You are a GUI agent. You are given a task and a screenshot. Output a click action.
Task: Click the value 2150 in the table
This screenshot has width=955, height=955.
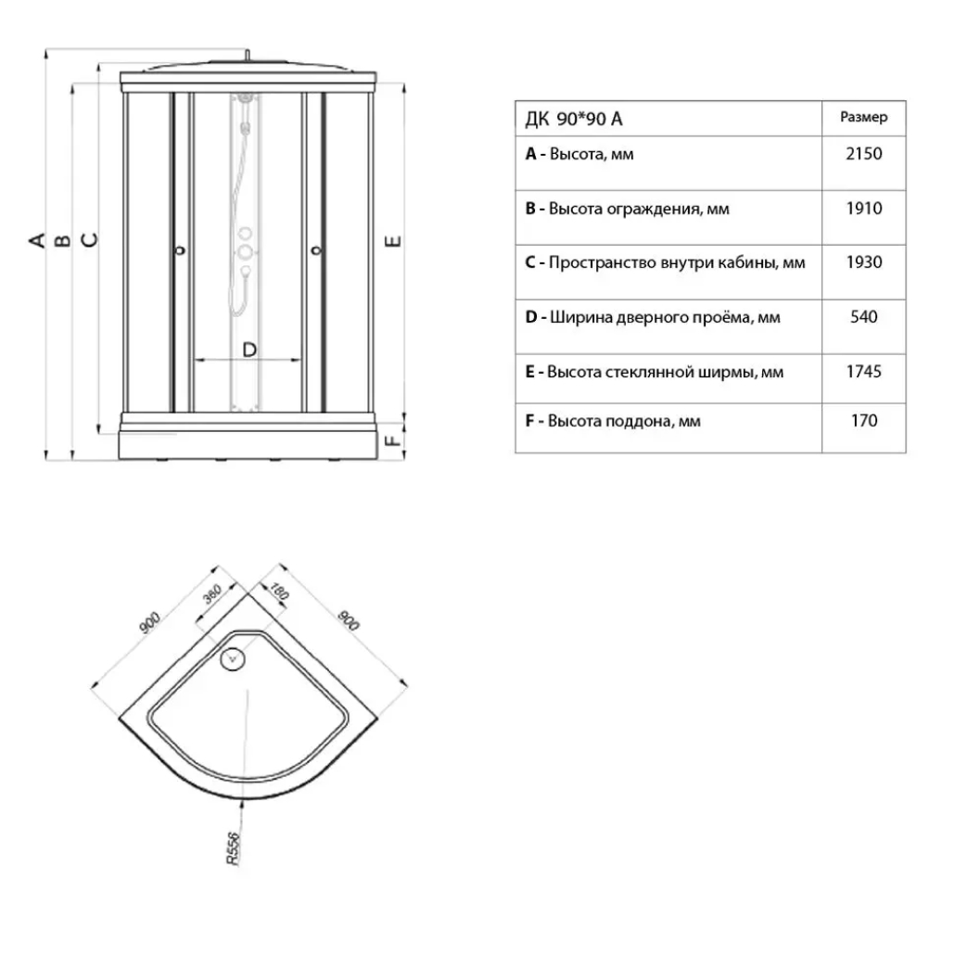863,154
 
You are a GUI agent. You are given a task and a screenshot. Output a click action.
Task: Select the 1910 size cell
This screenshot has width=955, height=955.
863,209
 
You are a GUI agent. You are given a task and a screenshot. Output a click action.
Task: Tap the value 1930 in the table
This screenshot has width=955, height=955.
863,262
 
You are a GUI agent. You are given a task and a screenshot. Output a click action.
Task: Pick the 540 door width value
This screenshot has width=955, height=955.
863,317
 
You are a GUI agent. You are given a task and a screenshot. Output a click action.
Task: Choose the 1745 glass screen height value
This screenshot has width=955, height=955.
863,372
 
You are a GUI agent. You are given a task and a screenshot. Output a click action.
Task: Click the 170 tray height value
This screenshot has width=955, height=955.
863,421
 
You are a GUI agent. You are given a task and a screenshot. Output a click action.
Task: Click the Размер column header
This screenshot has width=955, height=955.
863,118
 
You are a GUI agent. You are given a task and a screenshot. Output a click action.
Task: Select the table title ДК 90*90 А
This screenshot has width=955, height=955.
574,119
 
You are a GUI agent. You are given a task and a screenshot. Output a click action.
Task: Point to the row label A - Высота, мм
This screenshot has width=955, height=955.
579,154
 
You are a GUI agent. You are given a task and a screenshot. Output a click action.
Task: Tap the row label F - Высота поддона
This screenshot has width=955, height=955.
613,421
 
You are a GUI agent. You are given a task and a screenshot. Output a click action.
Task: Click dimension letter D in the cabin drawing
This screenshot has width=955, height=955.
248,350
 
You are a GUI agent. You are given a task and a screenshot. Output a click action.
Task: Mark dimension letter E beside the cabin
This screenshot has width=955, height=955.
392,242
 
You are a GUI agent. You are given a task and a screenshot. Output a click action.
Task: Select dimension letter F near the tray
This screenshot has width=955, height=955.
393,435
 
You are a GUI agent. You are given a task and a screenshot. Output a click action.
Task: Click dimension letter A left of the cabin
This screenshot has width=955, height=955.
36,241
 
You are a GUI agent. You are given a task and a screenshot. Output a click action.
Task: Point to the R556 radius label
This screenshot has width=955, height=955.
233,847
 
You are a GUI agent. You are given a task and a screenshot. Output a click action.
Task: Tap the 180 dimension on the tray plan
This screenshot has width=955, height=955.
277,590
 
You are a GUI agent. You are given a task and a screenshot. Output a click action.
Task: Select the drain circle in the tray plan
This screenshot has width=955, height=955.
233,659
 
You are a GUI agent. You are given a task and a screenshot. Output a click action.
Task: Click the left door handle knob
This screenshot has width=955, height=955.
180,249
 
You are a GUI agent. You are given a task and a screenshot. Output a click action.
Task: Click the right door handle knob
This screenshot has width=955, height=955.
315,249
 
